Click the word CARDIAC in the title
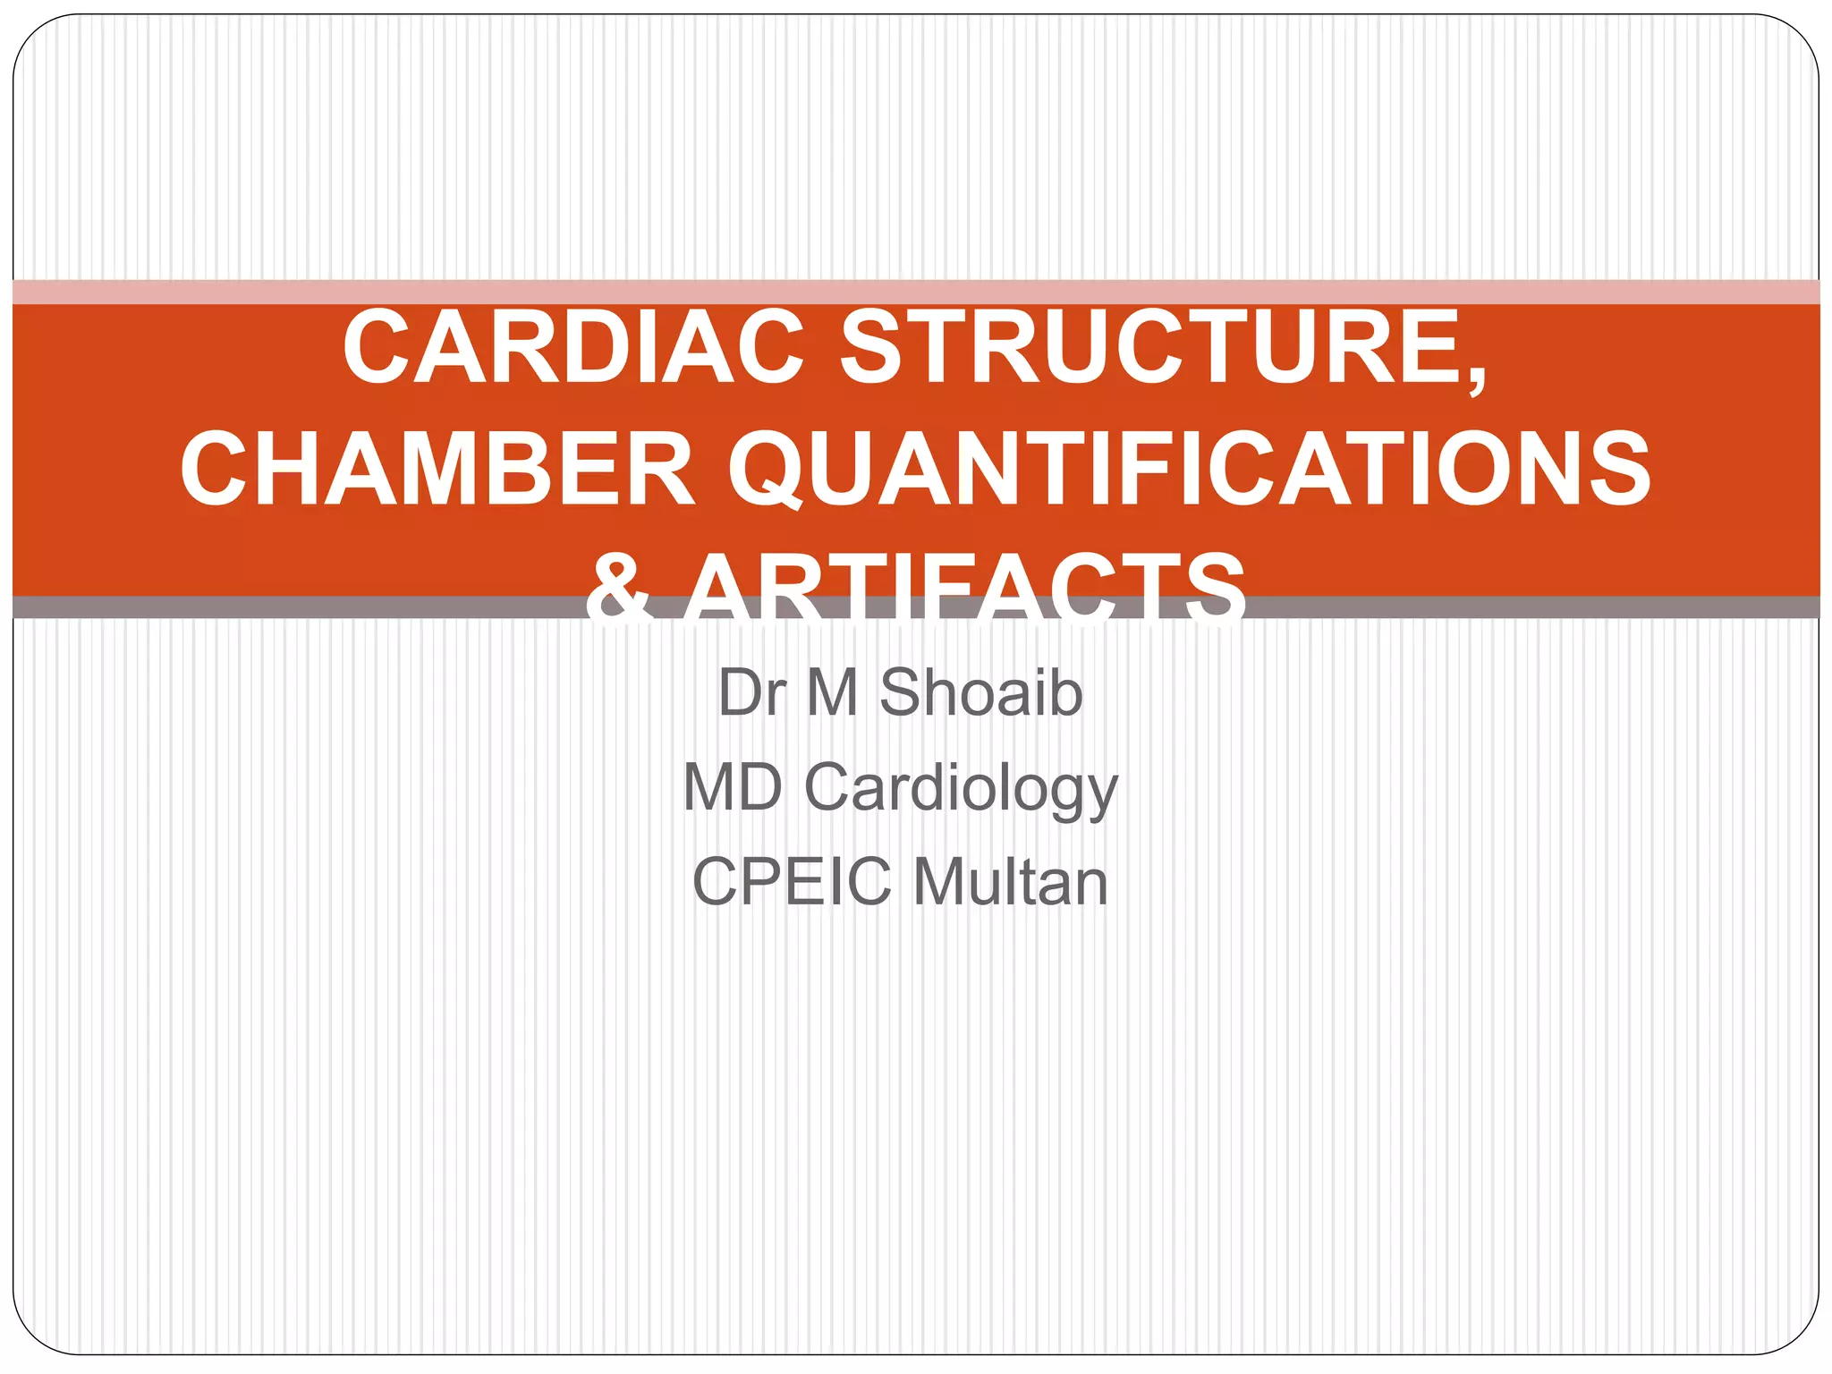click(x=573, y=348)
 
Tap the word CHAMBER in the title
click(x=437, y=470)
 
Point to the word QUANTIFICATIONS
click(x=1189, y=470)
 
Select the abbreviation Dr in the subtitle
click(x=751, y=693)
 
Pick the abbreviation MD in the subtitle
click(x=733, y=788)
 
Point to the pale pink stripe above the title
click(x=916, y=292)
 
